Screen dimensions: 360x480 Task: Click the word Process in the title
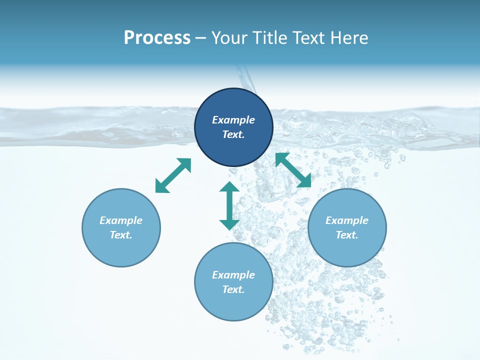[157, 38]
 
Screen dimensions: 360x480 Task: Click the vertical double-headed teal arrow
[229, 205]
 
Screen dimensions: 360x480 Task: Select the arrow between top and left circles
[173, 175]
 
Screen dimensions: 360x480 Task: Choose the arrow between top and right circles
[293, 170]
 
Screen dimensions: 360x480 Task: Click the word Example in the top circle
[233, 120]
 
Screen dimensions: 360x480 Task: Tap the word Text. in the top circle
[233, 134]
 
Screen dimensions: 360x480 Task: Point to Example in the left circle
[121, 220]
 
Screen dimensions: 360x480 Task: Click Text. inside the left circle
[121, 235]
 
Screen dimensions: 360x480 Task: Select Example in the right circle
[347, 220]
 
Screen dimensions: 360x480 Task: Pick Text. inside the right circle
[347, 235]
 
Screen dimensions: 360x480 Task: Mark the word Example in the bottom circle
[233, 275]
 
